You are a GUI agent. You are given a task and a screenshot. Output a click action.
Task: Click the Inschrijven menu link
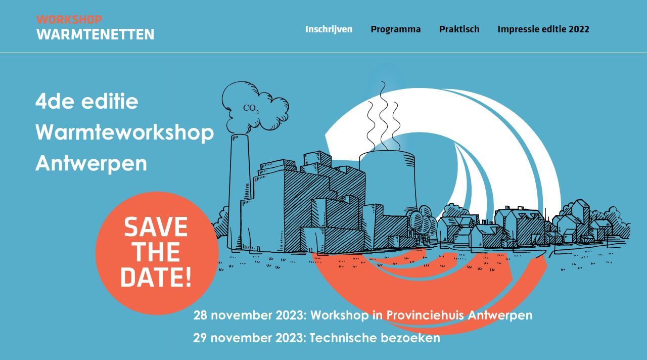click(x=329, y=29)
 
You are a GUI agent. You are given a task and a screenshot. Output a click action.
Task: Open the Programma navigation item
click(x=395, y=29)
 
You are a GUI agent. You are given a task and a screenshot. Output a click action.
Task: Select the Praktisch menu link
click(x=459, y=29)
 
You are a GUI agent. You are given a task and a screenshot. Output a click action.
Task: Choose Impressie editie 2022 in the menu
click(x=543, y=29)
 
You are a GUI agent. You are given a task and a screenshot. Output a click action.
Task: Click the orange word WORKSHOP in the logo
click(x=69, y=20)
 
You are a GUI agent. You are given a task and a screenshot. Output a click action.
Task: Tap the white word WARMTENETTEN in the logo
click(x=96, y=34)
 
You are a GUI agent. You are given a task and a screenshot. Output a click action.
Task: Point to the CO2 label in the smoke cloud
click(x=251, y=109)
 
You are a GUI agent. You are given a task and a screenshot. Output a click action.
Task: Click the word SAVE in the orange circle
click(x=156, y=227)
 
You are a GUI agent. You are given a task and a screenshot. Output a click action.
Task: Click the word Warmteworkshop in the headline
click(x=124, y=133)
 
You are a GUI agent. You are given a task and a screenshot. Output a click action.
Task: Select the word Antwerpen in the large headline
click(x=91, y=164)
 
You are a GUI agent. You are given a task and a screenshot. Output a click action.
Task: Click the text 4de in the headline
click(x=55, y=102)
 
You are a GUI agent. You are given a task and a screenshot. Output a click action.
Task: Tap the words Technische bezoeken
click(x=375, y=338)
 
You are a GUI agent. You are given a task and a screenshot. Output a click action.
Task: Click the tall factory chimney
click(x=239, y=192)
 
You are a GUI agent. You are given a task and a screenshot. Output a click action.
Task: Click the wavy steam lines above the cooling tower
click(x=384, y=116)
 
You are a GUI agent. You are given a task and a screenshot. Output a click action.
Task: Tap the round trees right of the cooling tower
click(x=422, y=222)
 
